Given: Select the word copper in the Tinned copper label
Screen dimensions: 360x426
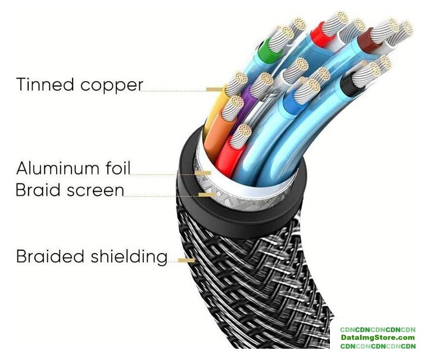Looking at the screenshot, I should [111, 85].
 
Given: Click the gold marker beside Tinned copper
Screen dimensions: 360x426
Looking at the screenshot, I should [214, 89].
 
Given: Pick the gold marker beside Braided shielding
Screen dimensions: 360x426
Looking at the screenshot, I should [186, 260].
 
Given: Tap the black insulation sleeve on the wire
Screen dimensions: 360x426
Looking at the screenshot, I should [352, 86].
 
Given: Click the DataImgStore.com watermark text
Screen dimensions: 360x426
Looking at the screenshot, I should [377, 337].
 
